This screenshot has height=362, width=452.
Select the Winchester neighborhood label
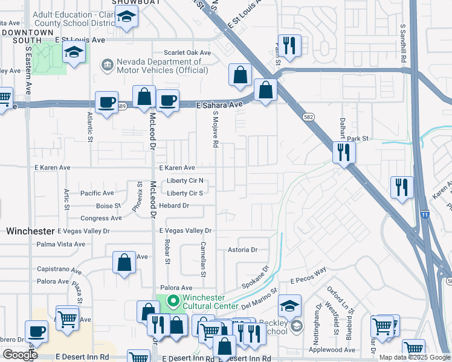point(30,231)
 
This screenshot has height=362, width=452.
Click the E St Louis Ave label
point(80,40)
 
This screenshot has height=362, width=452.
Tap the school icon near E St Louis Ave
point(74,53)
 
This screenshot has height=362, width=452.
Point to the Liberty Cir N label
point(185,181)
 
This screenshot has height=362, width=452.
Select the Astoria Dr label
point(242,250)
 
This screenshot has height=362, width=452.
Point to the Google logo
point(19,355)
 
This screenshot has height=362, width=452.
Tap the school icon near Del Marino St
point(289,305)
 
